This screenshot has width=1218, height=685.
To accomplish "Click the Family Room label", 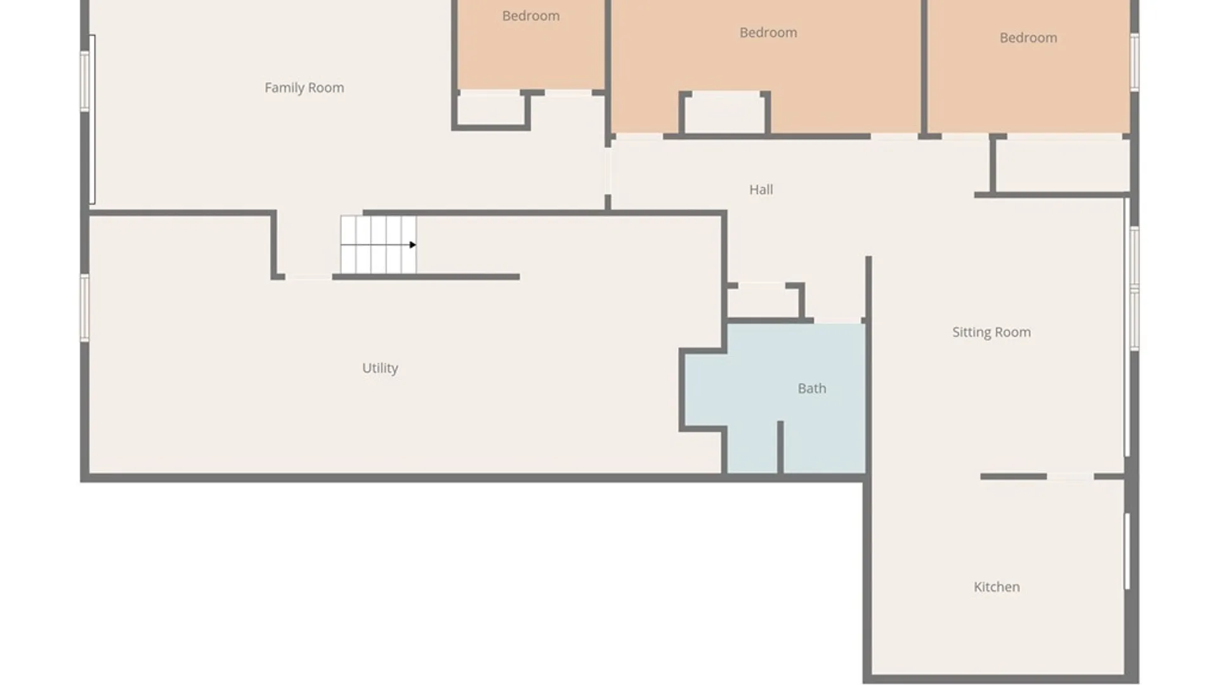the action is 304,88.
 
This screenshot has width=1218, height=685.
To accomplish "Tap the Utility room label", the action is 380,368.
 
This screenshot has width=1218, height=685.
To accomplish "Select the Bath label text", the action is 812,388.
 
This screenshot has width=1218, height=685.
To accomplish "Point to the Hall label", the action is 761,190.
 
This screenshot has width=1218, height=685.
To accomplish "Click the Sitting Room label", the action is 992,332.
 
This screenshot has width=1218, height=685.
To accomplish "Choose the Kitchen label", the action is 997,587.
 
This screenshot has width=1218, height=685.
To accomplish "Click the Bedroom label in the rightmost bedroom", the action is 1028,38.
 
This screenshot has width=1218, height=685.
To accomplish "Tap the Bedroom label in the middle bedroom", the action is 768,32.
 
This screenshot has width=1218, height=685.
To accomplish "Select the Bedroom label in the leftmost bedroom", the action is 531,16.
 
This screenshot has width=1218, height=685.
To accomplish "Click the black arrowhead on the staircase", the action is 412,245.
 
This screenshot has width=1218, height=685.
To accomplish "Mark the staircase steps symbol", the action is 378,245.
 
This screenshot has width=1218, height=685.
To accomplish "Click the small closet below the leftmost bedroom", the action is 491,110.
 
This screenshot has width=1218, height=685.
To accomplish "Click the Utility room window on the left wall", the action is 84,308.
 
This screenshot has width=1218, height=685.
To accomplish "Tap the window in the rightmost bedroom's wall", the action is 1134,62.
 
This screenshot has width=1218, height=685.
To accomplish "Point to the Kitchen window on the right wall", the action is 1127,551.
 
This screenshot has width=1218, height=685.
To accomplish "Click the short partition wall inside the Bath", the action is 780,447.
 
